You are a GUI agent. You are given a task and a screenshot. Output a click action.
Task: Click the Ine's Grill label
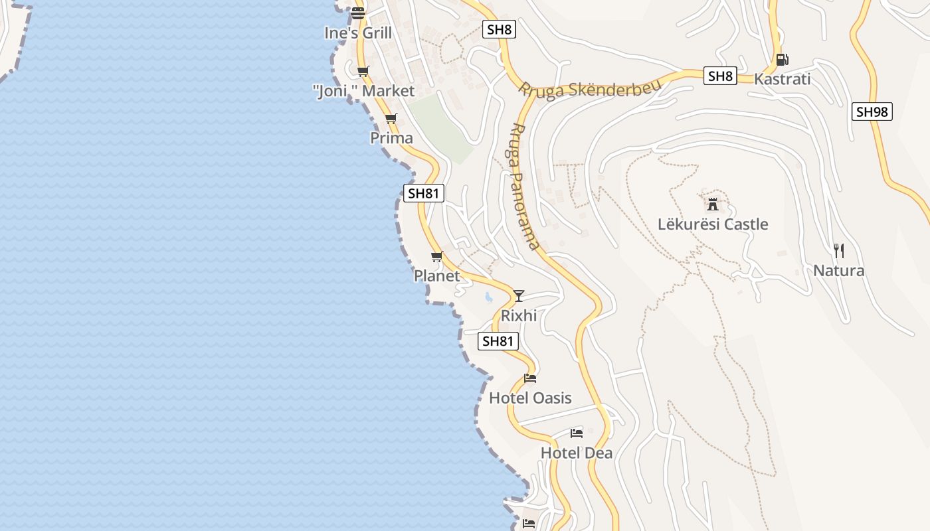(358, 33)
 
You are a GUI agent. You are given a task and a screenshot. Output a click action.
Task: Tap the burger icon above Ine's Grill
(358, 13)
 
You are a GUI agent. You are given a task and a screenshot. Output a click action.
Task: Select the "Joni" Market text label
(363, 91)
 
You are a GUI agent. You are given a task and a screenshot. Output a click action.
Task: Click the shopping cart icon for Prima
(391, 119)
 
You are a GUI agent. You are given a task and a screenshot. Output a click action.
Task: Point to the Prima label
(391, 138)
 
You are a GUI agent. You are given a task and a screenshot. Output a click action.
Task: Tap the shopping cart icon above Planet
(436, 256)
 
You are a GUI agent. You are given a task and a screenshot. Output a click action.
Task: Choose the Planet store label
(436, 275)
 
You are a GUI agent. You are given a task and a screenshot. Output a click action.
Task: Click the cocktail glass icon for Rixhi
(519, 295)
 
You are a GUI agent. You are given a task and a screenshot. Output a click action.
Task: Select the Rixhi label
(519, 315)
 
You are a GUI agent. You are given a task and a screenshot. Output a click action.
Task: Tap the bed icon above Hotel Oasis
(530, 378)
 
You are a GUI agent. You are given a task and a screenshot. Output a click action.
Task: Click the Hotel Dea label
(577, 453)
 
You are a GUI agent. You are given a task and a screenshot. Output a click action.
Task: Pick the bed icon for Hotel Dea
(577, 433)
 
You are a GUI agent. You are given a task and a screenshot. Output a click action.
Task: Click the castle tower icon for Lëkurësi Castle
(713, 204)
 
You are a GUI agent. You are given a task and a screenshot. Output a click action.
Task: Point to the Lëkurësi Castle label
(713, 224)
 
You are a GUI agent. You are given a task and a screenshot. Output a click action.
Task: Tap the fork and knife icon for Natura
(839, 251)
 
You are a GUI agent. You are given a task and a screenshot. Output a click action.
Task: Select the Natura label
(839, 271)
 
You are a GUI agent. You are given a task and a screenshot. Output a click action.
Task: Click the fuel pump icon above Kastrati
(783, 60)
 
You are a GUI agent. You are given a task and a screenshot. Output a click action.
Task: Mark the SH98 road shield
(872, 112)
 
